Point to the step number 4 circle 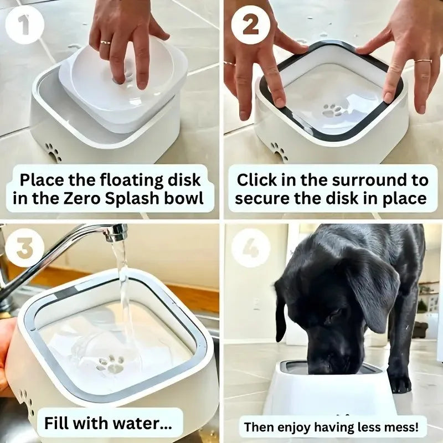[x=251, y=249]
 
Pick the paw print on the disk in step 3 [x=112, y=364]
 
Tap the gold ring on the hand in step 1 [x=105, y=42]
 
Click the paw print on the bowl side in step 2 [x=279, y=151]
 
